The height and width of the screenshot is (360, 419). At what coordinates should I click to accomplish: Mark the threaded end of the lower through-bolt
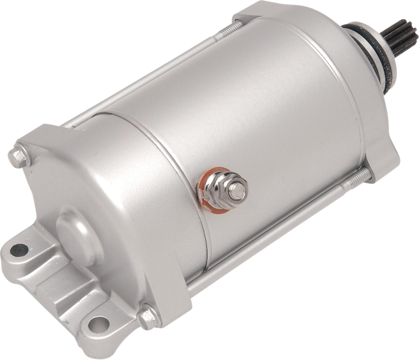(x=363, y=174)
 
